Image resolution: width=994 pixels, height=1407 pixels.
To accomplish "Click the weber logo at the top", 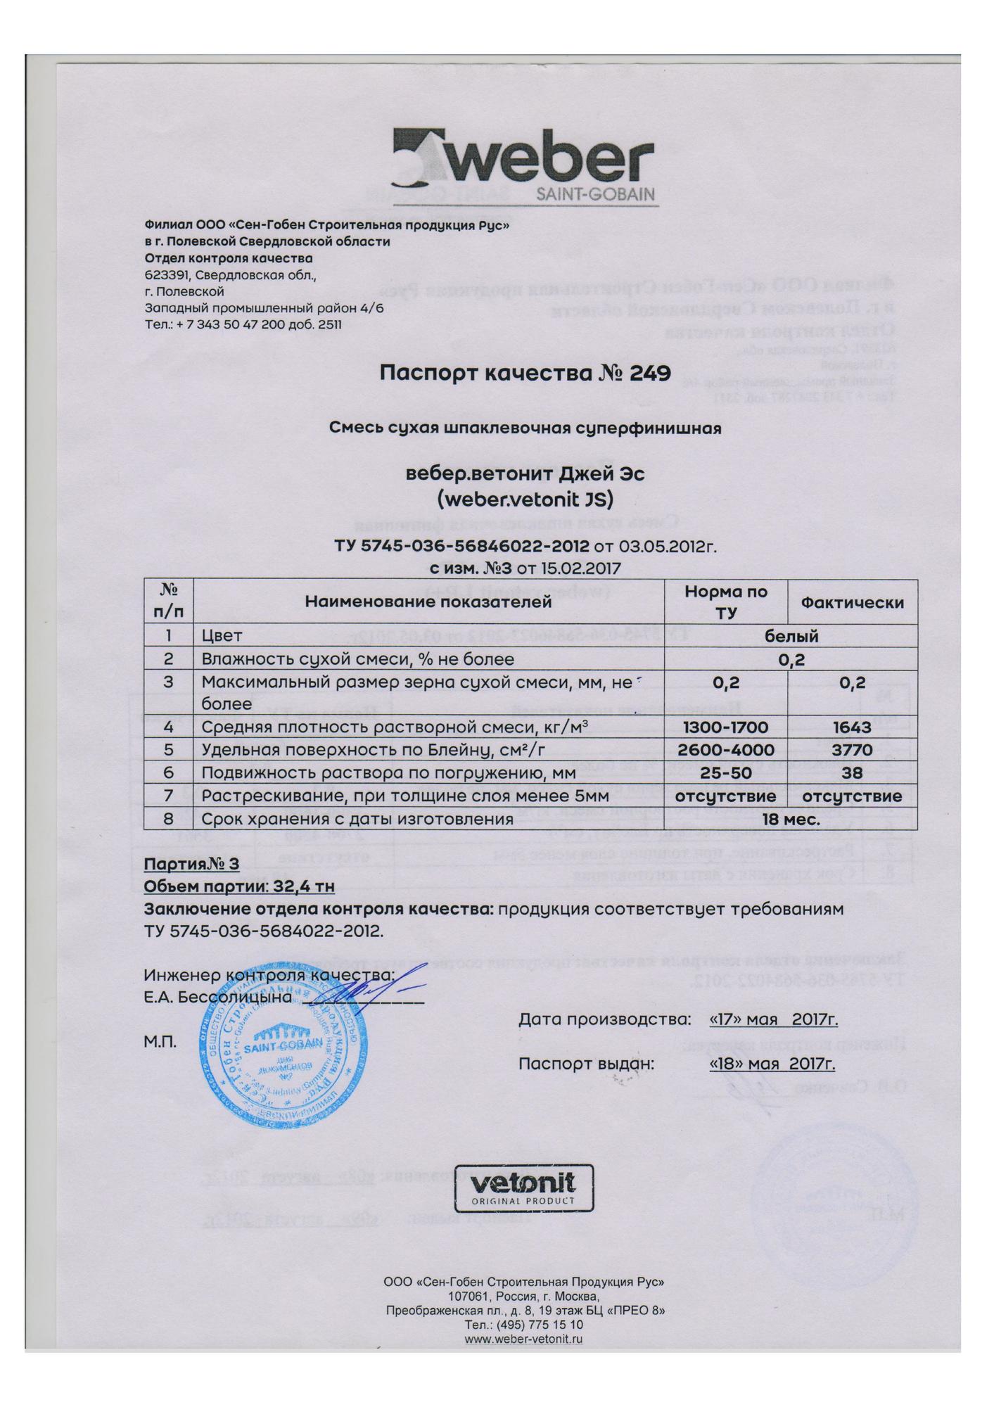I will coord(523,165).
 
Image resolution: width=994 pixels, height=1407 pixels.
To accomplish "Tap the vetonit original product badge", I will coord(523,1188).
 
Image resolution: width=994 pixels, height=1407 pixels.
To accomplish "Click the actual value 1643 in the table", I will coord(852,727).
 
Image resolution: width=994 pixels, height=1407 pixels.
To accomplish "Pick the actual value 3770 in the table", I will coord(852,750).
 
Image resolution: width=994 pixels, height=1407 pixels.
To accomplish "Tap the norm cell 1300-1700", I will coord(726,727).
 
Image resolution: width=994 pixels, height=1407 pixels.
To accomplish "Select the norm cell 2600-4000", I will coord(726,750).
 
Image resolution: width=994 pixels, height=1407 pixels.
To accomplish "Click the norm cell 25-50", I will coord(726,773).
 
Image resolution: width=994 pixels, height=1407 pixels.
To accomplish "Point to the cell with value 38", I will coord(852,773).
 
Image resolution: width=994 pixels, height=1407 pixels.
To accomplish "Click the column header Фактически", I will coord(853,602).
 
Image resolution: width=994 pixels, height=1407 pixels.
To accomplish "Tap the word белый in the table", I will coord(791,636).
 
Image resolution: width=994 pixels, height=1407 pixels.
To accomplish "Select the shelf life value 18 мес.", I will coord(791,820).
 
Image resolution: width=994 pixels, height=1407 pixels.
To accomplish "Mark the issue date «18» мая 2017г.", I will coord(772,1063).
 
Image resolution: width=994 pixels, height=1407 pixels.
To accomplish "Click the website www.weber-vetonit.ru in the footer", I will coord(523,1340).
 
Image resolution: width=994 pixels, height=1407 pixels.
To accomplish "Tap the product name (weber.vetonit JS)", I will coord(525,499).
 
